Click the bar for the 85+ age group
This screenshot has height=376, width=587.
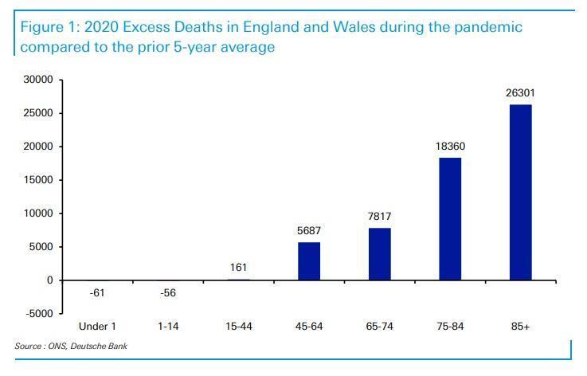pos(520,192)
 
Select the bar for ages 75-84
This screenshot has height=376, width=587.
pos(450,219)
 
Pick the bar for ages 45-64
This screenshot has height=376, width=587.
pos(308,261)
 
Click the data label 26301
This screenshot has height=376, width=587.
pos(520,93)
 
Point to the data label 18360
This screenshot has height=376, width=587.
pos(450,147)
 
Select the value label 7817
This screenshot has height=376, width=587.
pos(379,217)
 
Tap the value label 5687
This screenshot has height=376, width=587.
pos(308,231)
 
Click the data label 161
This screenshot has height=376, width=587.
pos(238,268)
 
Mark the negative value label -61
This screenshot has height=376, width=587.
pos(96,294)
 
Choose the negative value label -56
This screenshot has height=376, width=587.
pos(166,294)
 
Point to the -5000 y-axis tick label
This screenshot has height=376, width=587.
pos(37,314)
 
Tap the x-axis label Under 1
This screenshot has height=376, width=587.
pos(96,327)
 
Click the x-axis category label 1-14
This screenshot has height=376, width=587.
pos(166,327)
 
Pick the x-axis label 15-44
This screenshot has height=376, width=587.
pos(238,327)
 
